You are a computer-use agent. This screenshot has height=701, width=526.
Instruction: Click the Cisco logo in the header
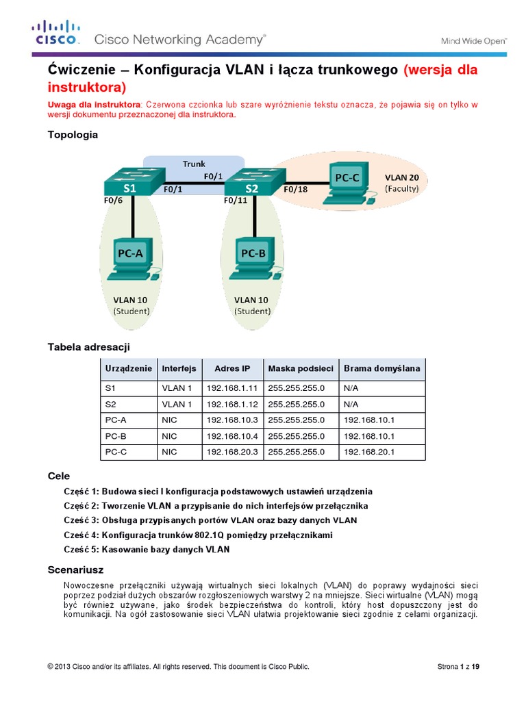56,34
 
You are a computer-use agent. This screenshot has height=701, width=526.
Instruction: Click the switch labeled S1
130,182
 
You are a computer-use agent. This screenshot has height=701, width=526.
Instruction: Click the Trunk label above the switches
194,164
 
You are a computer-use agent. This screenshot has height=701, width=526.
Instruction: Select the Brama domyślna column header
382,368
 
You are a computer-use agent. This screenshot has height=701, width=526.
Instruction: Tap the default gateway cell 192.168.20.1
370,452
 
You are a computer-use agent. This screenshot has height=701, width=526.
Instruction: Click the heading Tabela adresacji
88,347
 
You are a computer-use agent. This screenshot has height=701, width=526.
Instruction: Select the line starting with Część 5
147,549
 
